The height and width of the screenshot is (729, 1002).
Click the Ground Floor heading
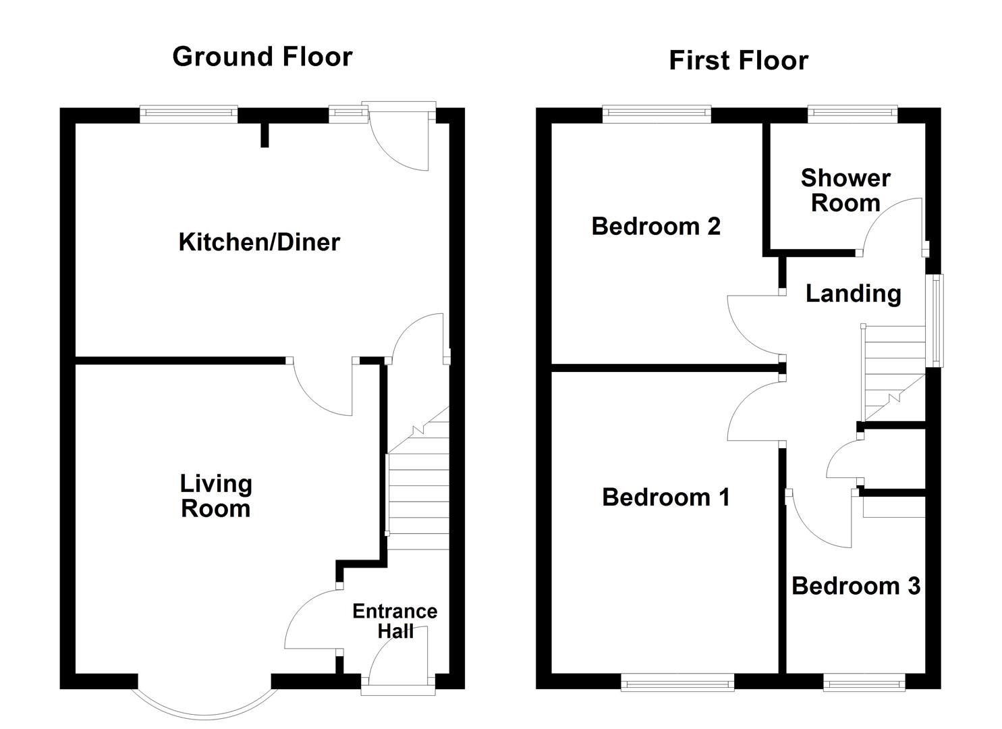(262, 57)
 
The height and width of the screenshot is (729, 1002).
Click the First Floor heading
(738, 61)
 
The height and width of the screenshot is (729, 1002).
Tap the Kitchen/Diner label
(259, 242)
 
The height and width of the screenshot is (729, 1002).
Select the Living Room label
(216, 496)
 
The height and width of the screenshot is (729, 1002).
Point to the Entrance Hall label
(395, 621)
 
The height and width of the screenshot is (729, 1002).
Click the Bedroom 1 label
(665, 497)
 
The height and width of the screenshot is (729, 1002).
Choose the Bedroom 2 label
(656, 226)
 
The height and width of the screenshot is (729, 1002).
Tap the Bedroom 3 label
(856, 586)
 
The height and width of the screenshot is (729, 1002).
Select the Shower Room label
(845, 190)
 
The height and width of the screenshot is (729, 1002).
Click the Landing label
(854, 294)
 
